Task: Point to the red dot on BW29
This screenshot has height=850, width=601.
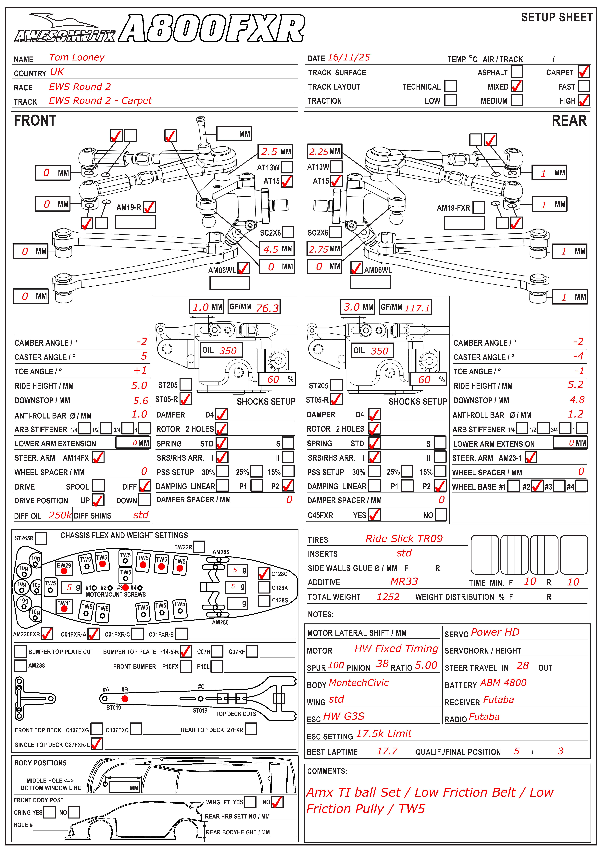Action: click(64, 570)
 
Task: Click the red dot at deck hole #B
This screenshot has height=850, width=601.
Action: click(125, 699)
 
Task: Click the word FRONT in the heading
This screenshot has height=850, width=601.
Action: click(35, 121)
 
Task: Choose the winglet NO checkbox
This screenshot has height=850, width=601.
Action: click(277, 802)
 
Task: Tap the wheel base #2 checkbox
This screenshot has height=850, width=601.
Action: click(537, 486)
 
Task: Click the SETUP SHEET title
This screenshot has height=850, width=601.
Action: click(557, 17)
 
